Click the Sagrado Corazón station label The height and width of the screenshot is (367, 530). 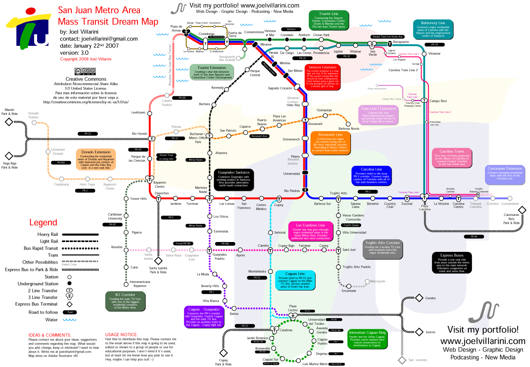point(280,88)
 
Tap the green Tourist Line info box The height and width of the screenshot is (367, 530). point(328,20)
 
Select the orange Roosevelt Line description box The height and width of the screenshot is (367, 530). point(330,142)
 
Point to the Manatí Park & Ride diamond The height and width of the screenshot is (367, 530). point(8,122)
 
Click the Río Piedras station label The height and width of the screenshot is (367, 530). point(292,191)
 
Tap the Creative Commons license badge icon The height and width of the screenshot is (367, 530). point(85,72)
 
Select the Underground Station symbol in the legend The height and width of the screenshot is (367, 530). point(69,283)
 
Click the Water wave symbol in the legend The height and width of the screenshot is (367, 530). point(69,320)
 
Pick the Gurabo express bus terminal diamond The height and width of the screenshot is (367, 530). point(419,298)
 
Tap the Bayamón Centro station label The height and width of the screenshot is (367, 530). point(159,184)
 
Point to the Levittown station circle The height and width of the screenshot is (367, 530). point(150,113)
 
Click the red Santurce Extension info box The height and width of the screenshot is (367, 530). point(322,77)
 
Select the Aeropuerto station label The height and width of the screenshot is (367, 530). point(401,42)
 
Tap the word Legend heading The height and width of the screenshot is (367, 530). point(43,223)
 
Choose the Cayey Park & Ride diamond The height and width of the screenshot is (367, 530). point(224,353)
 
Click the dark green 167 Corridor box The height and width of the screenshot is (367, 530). point(125,301)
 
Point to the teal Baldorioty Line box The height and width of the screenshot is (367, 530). point(433,29)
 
